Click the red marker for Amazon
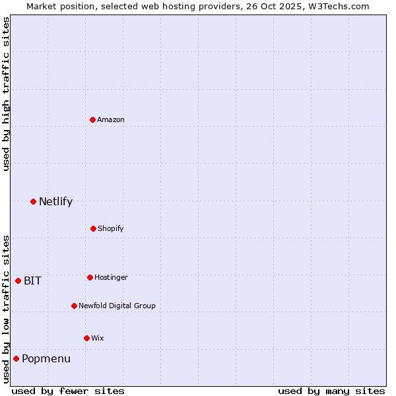coord(93,119)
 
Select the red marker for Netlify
coord(33,201)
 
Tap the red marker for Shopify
coord(93,228)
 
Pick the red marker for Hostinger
coord(90,277)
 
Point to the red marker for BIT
coord(18,280)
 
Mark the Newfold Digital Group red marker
coord(74,306)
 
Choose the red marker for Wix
coord(86,338)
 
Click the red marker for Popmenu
coord(16,358)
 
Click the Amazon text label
coord(111,119)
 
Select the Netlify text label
coord(55,201)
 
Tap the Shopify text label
coord(111,228)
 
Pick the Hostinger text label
coord(111,277)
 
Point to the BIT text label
coord(32,280)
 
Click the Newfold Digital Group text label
coord(117,306)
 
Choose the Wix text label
coord(98,338)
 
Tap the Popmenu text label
coord(46,358)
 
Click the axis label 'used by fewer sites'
coord(68,391)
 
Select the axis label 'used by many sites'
coord(331,391)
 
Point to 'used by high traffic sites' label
coord(6,94)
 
